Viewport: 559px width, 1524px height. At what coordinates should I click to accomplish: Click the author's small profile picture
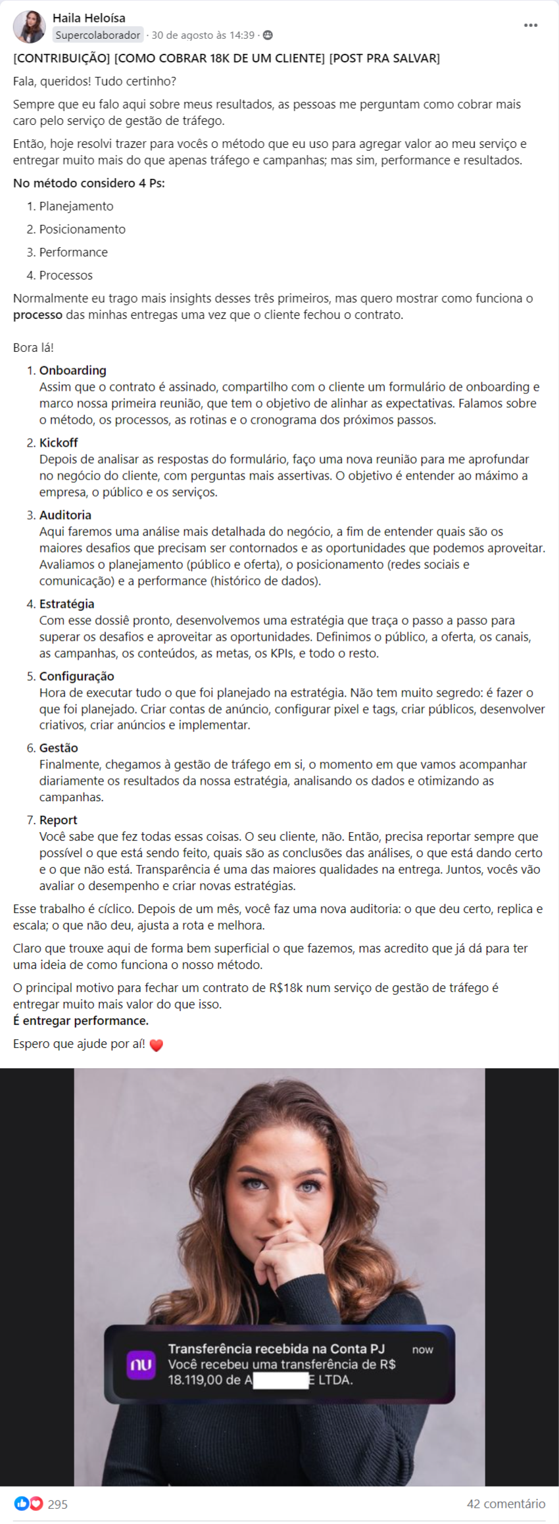[29, 27]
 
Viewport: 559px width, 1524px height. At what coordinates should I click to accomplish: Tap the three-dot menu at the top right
[531, 26]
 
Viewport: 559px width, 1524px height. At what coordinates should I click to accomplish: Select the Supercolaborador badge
[98, 36]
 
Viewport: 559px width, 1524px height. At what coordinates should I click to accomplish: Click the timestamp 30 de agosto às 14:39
[203, 36]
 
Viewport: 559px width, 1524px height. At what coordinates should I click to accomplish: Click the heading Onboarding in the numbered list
[72, 370]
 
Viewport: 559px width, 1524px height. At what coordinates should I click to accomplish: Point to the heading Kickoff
[59, 443]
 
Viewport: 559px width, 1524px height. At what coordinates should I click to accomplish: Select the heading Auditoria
[65, 515]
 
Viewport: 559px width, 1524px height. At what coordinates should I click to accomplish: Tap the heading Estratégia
[66, 604]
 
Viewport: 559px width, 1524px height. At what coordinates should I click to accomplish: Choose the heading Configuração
[76, 676]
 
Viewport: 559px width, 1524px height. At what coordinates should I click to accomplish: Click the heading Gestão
[59, 748]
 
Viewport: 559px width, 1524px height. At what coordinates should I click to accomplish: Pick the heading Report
[58, 820]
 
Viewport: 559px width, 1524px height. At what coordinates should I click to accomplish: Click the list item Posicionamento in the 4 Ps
[82, 229]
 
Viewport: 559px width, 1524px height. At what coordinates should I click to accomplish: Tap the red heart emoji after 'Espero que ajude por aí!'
[156, 1045]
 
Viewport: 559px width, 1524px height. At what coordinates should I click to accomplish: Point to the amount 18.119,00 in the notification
[195, 1380]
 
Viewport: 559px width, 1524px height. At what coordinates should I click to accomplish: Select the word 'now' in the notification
[422, 1350]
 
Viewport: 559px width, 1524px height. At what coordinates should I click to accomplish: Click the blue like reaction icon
[21, 1504]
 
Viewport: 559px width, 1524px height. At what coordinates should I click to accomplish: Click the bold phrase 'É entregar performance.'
[81, 1021]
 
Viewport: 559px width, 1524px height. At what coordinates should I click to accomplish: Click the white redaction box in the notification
[281, 1380]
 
